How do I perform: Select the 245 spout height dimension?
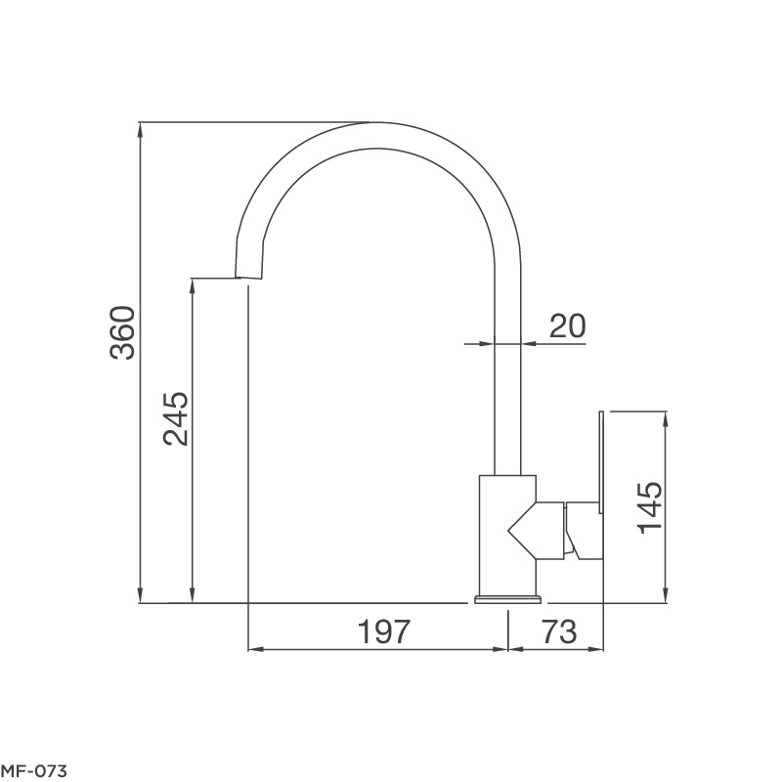point(175,419)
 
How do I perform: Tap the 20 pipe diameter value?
point(567,326)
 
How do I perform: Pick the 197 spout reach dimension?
point(380,632)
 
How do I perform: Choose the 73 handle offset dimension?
point(558,632)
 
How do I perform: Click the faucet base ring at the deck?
point(507,597)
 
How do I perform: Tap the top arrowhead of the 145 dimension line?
point(666,417)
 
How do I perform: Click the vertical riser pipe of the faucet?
point(507,391)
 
